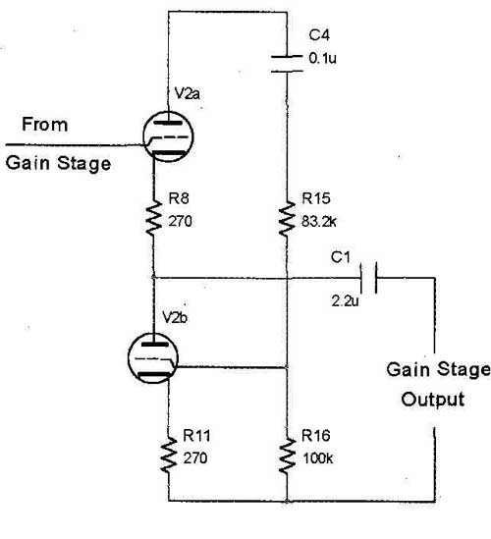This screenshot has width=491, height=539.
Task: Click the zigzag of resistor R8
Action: (154, 219)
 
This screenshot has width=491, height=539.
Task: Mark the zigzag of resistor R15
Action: (287, 219)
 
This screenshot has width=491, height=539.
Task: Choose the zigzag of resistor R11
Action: (169, 455)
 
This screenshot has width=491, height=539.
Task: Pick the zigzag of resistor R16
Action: (287, 456)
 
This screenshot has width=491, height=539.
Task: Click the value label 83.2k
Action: (319, 222)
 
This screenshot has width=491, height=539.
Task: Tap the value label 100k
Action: (318, 458)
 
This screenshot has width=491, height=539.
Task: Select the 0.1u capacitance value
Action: (322, 58)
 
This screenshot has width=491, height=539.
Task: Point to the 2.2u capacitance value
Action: (345, 301)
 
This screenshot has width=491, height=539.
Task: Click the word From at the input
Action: (45, 125)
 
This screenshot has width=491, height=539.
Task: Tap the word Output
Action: (432, 400)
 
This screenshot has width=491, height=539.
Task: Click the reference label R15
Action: (316, 198)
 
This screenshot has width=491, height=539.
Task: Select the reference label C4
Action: (319, 35)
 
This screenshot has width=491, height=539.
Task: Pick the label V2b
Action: (175, 318)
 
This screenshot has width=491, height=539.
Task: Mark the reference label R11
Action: (196, 436)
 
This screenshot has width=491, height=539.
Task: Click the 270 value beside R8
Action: (180, 221)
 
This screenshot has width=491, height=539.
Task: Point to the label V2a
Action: (187, 93)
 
